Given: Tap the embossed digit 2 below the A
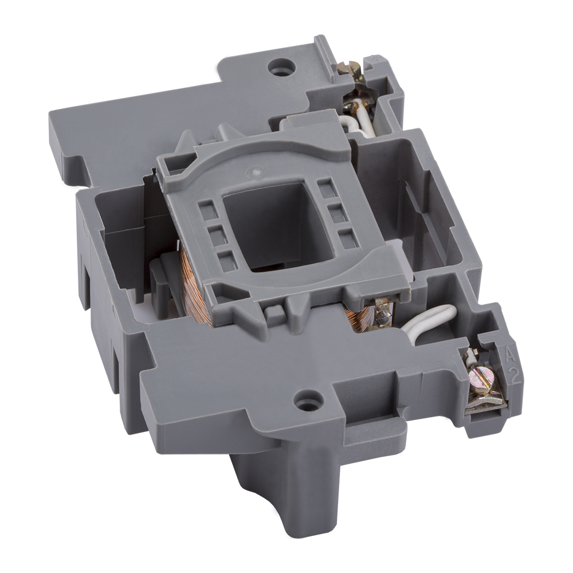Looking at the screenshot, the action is click(x=516, y=376).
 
